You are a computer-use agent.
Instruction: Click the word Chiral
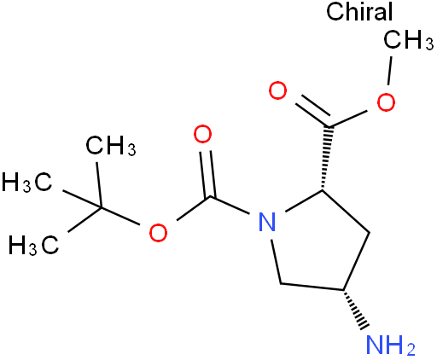[x=359, y=11]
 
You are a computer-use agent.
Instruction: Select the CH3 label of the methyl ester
[x=409, y=40]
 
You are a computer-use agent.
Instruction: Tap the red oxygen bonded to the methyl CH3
[x=386, y=102]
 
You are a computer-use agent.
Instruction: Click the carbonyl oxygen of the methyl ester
[x=278, y=90]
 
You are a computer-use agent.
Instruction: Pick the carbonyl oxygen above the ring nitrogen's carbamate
[x=203, y=134]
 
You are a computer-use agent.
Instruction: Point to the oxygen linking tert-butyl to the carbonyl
[x=158, y=232]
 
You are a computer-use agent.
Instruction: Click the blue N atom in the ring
[x=267, y=222]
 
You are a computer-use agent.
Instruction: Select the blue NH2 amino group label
[x=390, y=345]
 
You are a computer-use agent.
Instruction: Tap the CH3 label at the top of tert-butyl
[x=111, y=146]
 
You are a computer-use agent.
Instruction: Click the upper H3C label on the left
[x=27, y=182]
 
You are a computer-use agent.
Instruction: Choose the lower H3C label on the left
[x=34, y=245]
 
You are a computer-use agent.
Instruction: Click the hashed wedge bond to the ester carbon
[x=326, y=158]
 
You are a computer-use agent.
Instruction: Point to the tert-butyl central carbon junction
[x=101, y=207]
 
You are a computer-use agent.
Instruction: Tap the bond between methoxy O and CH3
[x=390, y=71]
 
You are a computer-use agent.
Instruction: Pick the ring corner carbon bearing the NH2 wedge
[x=344, y=290]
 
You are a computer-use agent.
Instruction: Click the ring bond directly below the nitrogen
[x=276, y=262]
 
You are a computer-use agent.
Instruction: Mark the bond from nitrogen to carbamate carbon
[x=230, y=205]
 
